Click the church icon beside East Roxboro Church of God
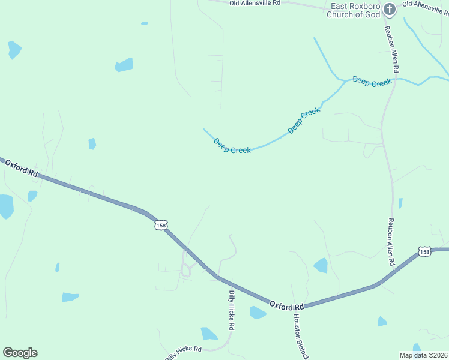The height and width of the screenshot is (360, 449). point(390,9)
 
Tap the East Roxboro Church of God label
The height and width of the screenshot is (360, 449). point(353,11)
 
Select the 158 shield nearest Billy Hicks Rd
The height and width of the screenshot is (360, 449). point(160,225)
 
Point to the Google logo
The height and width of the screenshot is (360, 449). point(20,353)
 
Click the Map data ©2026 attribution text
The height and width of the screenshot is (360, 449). point(423,355)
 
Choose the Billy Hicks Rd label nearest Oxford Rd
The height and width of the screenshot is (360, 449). point(231,310)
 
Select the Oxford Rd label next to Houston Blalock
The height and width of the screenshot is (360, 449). point(286,305)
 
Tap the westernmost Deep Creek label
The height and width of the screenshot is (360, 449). point(232,146)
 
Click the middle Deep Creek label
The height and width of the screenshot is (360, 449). point(304,121)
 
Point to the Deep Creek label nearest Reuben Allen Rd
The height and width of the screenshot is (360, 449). point(372,82)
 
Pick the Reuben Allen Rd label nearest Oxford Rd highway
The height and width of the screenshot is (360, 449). point(391,241)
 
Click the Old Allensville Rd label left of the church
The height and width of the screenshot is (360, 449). point(255,3)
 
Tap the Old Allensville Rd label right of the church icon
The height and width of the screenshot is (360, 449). point(425,4)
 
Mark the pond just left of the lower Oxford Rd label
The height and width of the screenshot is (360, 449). point(258,313)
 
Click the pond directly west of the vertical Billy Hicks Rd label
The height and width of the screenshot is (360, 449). point(209,334)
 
